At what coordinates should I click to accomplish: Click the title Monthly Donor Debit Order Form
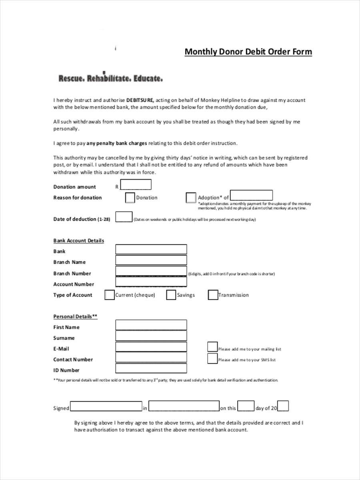click(x=248, y=52)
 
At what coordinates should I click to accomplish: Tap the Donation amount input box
click(x=136, y=185)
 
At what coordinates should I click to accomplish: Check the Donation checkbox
click(x=130, y=198)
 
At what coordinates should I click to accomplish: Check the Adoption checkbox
click(x=191, y=198)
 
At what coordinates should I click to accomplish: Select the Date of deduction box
click(x=124, y=217)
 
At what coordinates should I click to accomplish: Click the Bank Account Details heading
click(x=79, y=241)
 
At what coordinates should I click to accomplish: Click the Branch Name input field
click(x=151, y=260)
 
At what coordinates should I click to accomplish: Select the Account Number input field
click(x=151, y=282)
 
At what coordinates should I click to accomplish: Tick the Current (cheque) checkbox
click(x=109, y=295)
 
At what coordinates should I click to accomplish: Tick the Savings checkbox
click(x=171, y=295)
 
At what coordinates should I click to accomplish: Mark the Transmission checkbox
click(x=213, y=295)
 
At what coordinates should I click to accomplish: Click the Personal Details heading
click(x=76, y=316)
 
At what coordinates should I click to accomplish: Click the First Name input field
click(x=151, y=325)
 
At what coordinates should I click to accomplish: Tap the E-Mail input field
click(x=151, y=347)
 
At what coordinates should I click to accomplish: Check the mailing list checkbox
click(x=212, y=347)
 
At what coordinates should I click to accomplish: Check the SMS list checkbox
click(x=212, y=358)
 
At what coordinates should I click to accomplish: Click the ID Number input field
click(x=151, y=368)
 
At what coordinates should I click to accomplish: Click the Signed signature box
click(x=106, y=406)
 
